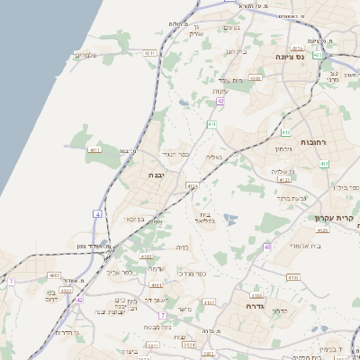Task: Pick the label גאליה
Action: tap(213, 157)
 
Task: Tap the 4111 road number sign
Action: tap(94, 149)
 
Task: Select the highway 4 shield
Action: tap(96, 213)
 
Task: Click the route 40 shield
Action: tap(267, 246)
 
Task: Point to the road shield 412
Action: tap(324, 164)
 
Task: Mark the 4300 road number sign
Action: tap(255, 78)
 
